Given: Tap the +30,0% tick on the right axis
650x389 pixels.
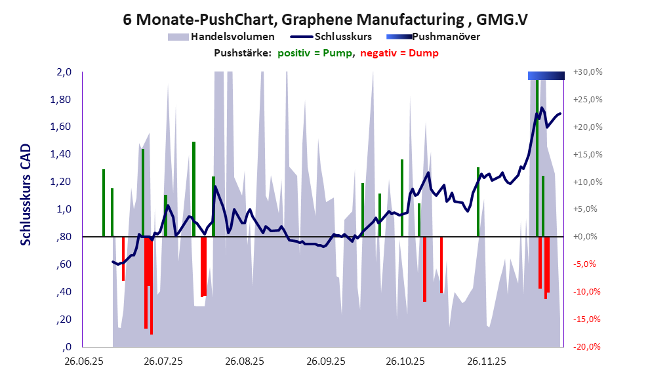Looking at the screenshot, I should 588,72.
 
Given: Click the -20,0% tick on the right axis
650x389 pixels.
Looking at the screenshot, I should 588,347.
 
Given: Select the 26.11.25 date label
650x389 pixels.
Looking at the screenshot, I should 486,361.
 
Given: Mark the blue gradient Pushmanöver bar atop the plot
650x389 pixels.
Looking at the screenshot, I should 546,76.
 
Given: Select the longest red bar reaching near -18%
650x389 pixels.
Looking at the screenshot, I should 152,285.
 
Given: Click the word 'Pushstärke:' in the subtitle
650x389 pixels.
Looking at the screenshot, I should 242,52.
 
